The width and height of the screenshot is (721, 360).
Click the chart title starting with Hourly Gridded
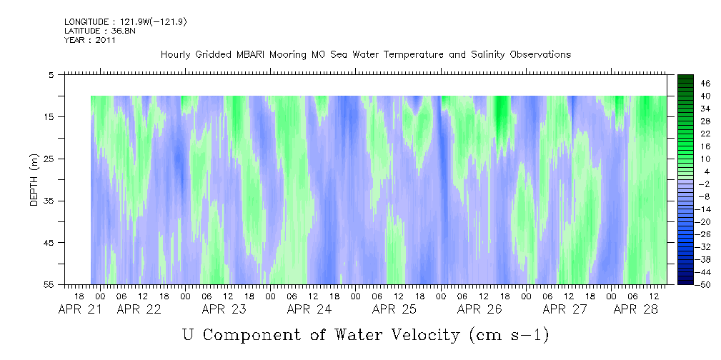[x=365, y=55]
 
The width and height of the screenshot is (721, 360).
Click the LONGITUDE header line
[x=126, y=22]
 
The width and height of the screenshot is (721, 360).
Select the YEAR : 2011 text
[x=90, y=40]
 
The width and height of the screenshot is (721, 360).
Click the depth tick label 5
[x=52, y=75]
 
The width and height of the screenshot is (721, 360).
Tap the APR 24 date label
[x=309, y=310]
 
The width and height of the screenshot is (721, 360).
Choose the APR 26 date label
[x=479, y=310]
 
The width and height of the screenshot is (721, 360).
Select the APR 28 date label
[x=635, y=310]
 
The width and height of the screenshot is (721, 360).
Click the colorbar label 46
[x=705, y=83]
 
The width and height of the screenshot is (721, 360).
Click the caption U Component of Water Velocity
[x=365, y=334]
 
